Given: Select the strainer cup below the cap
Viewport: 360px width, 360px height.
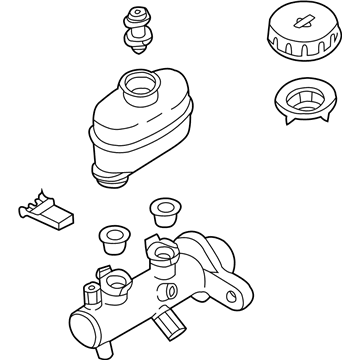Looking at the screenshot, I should pyautogui.click(x=303, y=106).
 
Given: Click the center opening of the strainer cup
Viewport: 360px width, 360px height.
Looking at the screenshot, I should pyautogui.click(x=303, y=100).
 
